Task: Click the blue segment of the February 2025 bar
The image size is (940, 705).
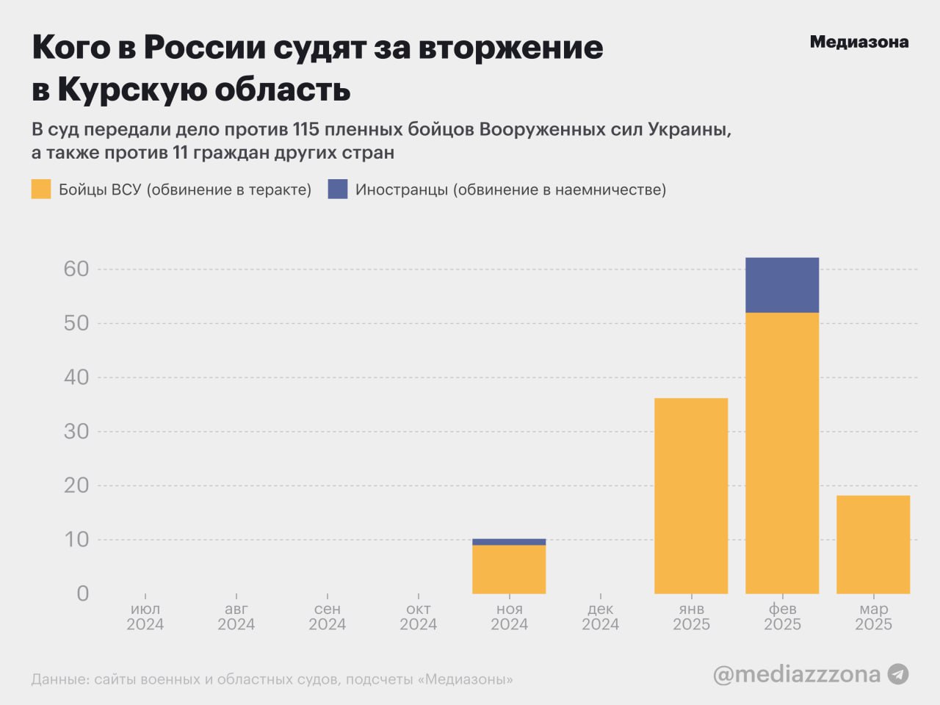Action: pyautogui.click(x=782, y=285)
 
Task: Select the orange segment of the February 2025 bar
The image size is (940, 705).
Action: pyautogui.click(x=782, y=453)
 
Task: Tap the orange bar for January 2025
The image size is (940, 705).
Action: pyautogui.click(x=691, y=496)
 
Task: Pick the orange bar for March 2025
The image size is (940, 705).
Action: pyautogui.click(x=873, y=544)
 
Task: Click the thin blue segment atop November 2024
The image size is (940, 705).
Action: pyautogui.click(x=509, y=542)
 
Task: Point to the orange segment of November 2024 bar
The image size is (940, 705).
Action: pyautogui.click(x=509, y=569)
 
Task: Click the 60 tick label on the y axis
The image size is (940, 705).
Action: pyautogui.click(x=76, y=269)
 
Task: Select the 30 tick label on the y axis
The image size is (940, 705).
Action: pyautogui.click(x=76, y=431)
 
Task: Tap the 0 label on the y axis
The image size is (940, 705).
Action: pyautogui.click(x=83, y=593)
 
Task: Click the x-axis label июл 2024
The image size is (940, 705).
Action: pyautogui.click(x=145, y=617)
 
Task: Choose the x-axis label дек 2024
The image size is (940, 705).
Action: pyautogui.click(x=600, y=617)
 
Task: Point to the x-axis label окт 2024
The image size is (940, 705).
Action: pyautogui.click(x=418, y=617)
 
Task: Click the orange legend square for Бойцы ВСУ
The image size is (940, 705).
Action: pyautogui.click(x=41, y=189)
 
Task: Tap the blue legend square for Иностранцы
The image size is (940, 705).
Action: pyautogui.click(x=338, y=189)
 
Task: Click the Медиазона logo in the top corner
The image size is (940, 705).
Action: pyautogui.click(x=858, y=42)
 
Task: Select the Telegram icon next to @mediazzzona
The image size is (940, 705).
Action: pyautogui.click(x=898, y=673)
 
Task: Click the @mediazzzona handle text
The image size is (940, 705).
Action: pyautogui.click(x=797, y=673)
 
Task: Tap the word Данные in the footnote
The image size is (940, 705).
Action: pyautogui.click(x=59, y=679)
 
